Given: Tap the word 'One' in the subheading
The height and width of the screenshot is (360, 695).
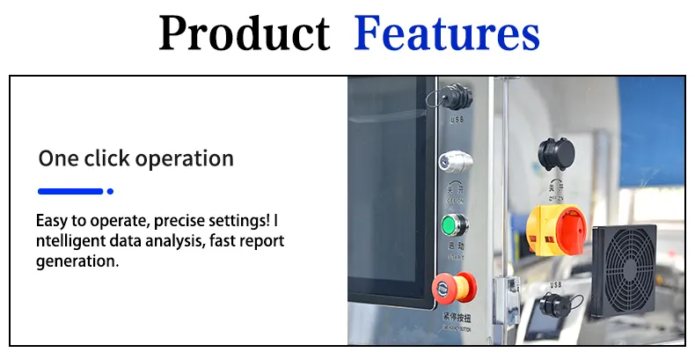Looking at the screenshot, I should coord(59,159).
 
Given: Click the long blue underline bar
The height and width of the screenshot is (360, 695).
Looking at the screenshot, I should coord(70,191).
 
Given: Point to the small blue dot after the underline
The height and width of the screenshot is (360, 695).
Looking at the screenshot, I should coord(110,191).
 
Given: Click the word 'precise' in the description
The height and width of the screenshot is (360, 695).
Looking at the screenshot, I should coord(179,221).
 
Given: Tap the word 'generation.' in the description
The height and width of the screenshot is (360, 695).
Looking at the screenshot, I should coord(77,261).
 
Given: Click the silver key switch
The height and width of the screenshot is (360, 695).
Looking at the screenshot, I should coord(455,162).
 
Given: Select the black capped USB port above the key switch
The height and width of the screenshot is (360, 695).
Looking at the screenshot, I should coord(456,99).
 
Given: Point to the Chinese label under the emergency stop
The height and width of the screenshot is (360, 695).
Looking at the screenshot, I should coord(456,318).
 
